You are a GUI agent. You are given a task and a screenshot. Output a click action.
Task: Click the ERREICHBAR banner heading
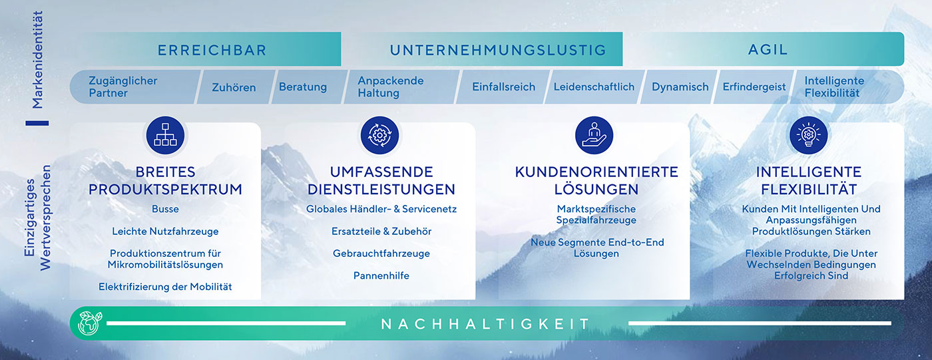point(212,50)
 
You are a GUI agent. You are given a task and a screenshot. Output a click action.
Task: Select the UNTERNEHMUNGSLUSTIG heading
point(498,50)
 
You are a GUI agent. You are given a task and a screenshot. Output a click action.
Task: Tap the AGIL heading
point(768,50)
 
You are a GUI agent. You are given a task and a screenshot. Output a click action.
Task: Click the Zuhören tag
point(234,87)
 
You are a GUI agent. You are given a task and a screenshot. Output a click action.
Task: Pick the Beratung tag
point(303,87)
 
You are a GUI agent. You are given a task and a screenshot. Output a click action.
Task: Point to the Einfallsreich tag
point(503,87)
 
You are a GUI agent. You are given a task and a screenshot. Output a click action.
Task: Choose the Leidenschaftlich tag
point(594,87)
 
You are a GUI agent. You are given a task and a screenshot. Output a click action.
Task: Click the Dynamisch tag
point(680,87)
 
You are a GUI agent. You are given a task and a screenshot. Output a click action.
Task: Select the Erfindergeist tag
point(754,87)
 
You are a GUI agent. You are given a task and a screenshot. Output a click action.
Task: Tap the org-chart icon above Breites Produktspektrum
point(165,135)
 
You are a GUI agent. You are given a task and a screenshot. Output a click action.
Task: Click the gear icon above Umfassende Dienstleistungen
point(379,135)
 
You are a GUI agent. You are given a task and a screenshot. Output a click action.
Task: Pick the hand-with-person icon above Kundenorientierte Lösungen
point(594,135)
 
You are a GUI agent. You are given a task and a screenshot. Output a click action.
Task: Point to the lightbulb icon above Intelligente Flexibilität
point(809,135)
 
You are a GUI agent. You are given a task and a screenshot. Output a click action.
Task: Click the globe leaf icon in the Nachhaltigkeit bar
point(88,323)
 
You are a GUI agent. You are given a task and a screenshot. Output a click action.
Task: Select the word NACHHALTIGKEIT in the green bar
point(485,324)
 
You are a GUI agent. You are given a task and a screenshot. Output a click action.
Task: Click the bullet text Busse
point(165,209)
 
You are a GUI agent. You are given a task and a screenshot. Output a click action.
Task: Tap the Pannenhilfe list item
point(381,275)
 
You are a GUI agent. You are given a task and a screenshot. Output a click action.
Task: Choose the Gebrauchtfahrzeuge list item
point(381,254)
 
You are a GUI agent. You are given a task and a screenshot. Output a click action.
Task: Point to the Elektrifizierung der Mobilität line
point(165,287)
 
